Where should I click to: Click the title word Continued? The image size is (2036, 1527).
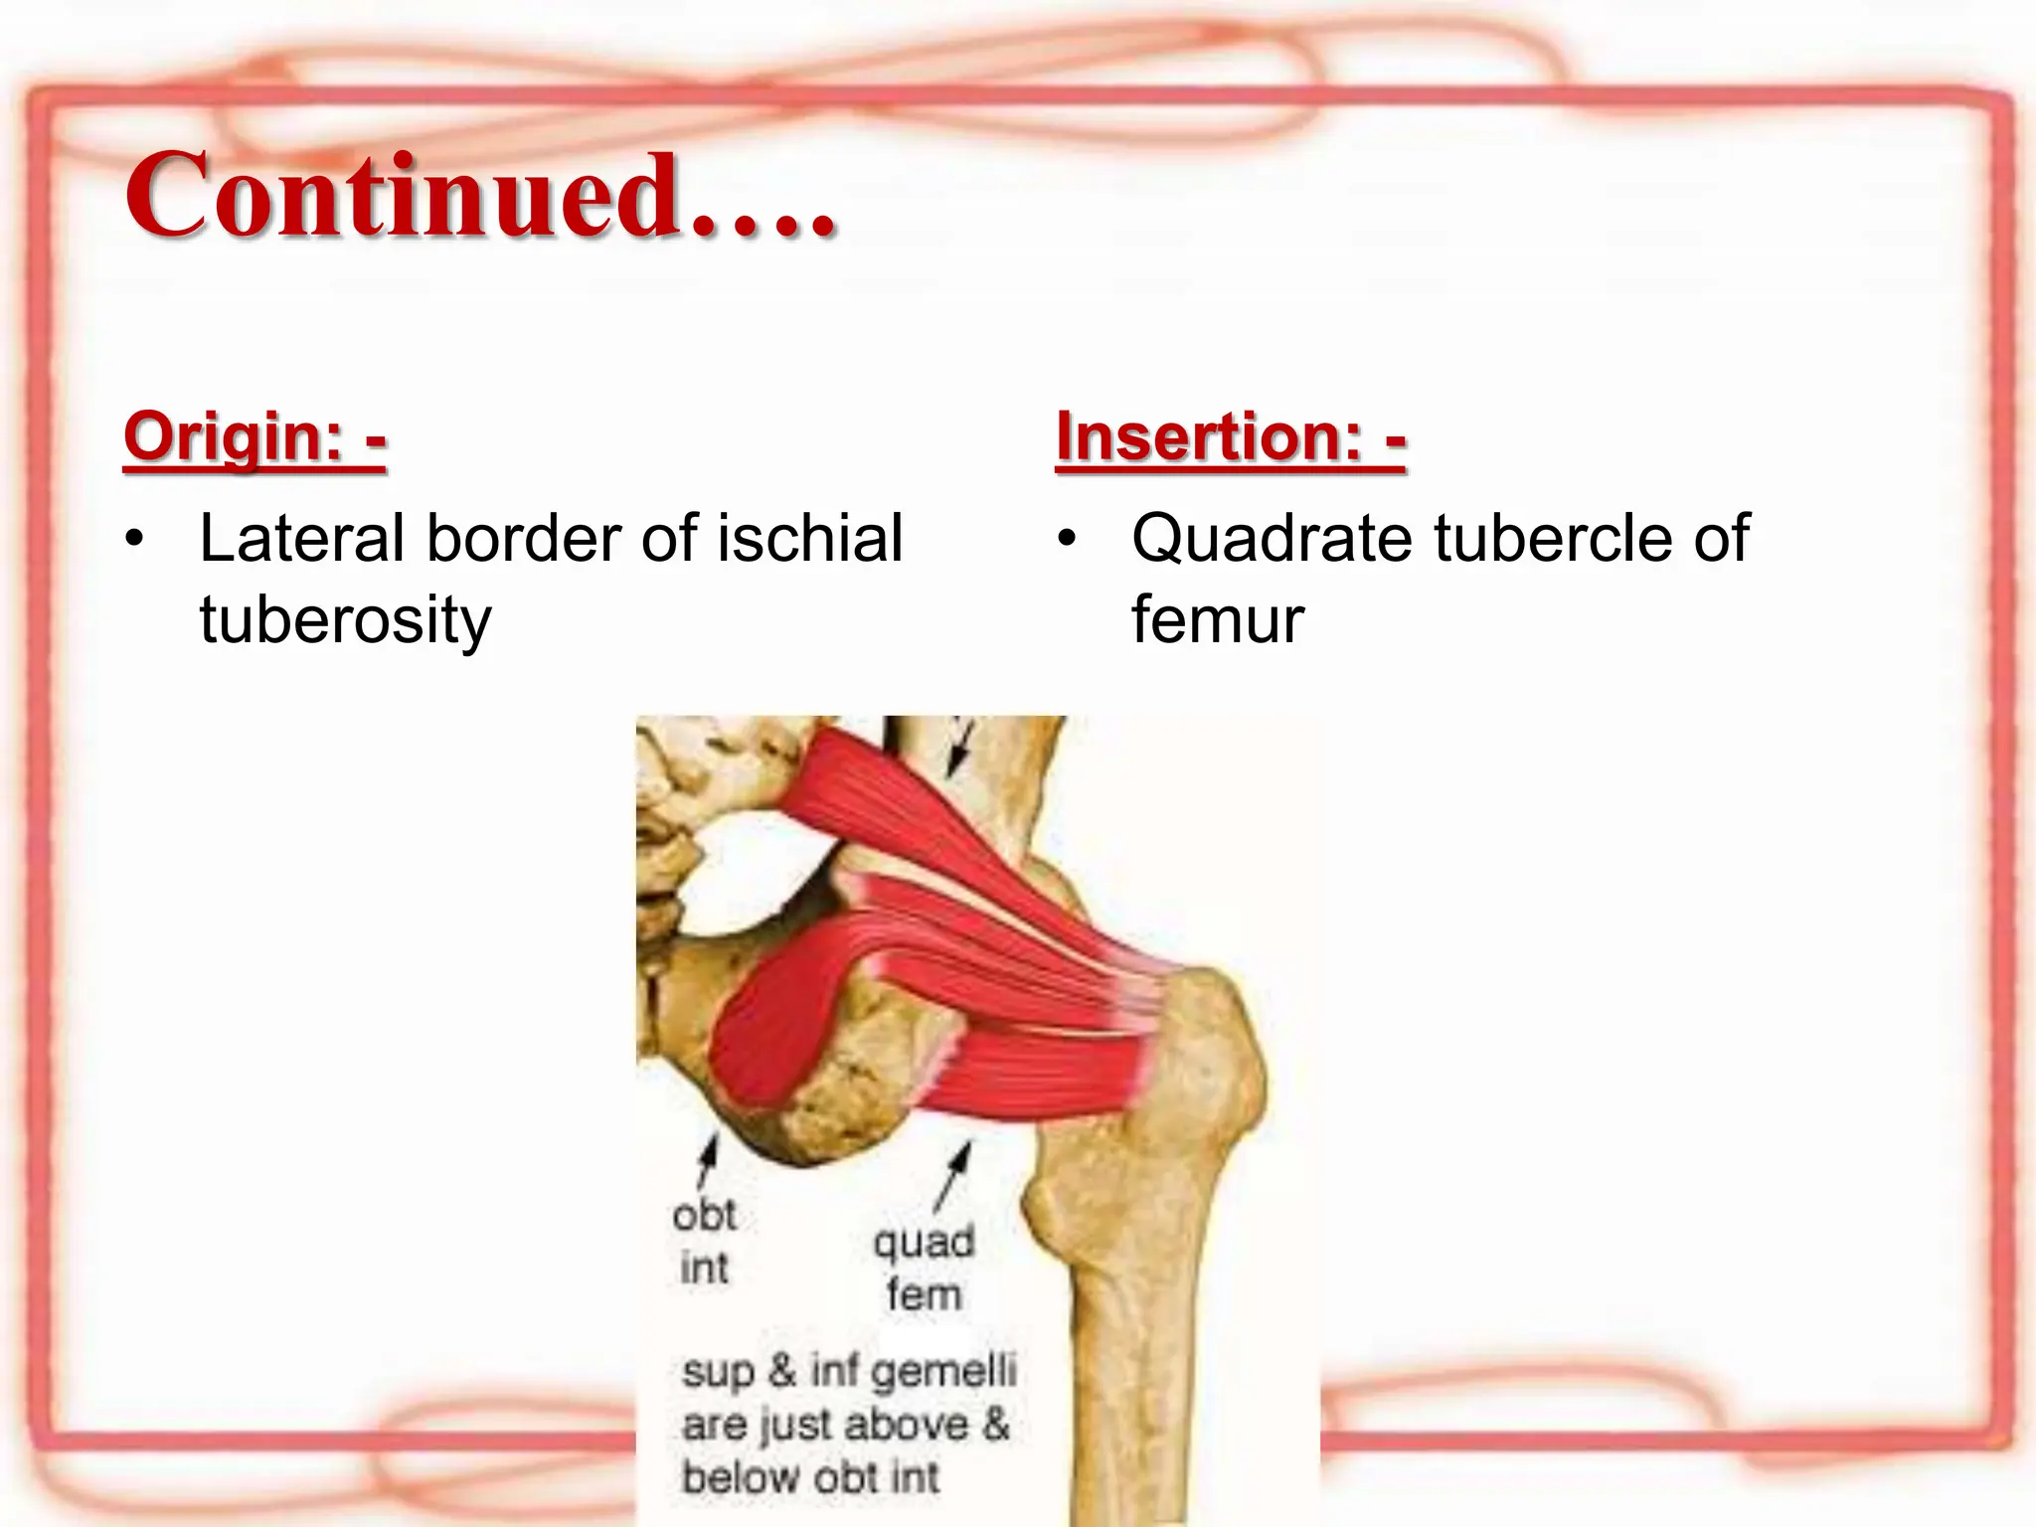tap(480, 196)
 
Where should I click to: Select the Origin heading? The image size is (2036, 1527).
tap(254, 437)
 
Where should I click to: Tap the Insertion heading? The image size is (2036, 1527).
tap(1231, 437)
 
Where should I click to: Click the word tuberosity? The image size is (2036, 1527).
tap(345, 620)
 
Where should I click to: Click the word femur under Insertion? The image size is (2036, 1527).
tap(1217, 620)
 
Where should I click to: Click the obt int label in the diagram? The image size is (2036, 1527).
tap(704, 1241)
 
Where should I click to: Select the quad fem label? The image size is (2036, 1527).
tap(924, 1268)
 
